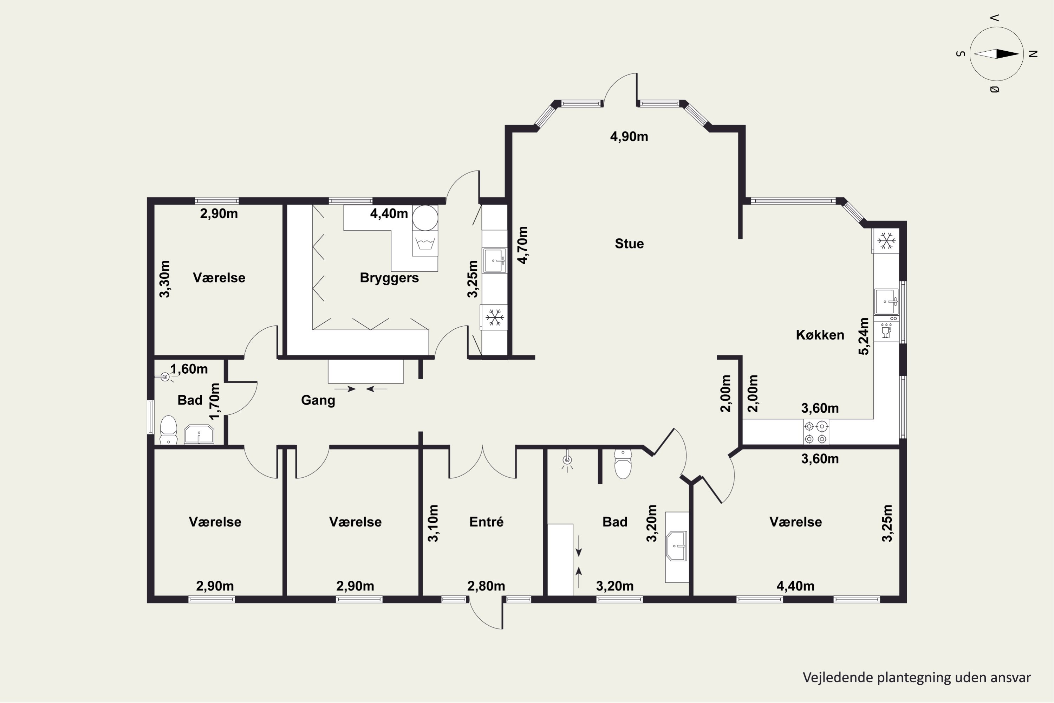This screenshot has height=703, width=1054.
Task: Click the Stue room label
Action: pyautogui.click(x=629, y=244)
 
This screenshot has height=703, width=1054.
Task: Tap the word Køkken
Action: pyautogui.click(x=820, y=335)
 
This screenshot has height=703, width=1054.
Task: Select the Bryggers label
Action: pyautogui.click(x=389, y=278)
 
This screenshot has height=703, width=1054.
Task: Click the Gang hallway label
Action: pyautogui.click(x=318, y=400)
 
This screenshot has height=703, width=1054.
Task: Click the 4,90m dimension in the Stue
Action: pyautogui.click(x=629, y=136)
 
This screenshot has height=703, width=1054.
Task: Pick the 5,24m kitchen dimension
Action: pyautogui.click(x=864, y=336)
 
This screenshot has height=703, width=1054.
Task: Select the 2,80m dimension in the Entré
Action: pyautogui.click(x=486, y=586)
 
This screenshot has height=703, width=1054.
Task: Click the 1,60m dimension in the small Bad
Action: pyautogui.click(x=189, y=369)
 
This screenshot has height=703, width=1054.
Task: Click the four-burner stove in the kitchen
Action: pyautogui.click(x=815, y=432)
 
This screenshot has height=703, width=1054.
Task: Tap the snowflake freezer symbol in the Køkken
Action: pyautogui.click(x=886, y=241)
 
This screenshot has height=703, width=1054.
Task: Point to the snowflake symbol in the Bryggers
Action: pyautogui.click(x=494, y=317)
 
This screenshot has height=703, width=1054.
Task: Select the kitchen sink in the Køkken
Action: pyautogui.click(x=886, y=301)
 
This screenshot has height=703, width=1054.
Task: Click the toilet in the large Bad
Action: pyautogui.click(x=623, y=464)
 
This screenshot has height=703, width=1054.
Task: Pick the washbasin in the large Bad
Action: pyautogui.click(x=677, y=546)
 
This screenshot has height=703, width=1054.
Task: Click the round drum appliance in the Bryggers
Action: pyautogui.click(x=425, y=218)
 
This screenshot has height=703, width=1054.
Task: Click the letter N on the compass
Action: pyautogui.click(x=1033, y=54)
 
